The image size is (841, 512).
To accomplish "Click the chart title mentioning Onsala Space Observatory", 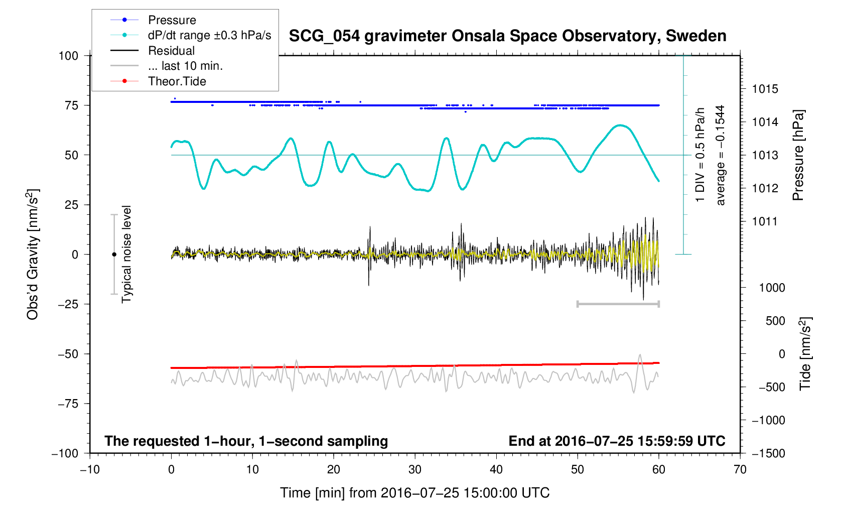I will pos(507,36).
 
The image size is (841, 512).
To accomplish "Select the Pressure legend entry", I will pos(172,20).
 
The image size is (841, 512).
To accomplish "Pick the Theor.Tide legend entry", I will pos(177,81).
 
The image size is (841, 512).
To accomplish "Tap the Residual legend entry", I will pos(171,51).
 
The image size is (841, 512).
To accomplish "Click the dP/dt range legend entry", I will pos(209,35).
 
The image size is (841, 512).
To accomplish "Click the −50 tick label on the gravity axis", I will pos(68,354).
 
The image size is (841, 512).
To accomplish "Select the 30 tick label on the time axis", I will pos(415,470).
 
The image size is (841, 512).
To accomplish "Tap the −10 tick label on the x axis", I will pos(90,470).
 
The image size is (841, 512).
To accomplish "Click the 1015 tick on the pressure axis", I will pos(765,89).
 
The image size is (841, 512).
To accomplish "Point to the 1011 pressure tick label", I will pos(765,222).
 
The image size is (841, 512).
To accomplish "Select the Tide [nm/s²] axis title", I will pos(805,353).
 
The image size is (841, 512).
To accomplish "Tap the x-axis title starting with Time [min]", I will pos(414,493).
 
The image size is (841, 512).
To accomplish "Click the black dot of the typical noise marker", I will pos(114,254).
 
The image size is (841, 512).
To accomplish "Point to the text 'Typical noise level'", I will pos(126,254).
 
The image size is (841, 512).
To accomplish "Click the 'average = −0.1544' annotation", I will pos(721,155).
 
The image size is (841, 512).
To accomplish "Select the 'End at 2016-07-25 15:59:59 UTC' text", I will pos(617,441).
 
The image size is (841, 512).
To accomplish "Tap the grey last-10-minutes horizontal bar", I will pos(618,304).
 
